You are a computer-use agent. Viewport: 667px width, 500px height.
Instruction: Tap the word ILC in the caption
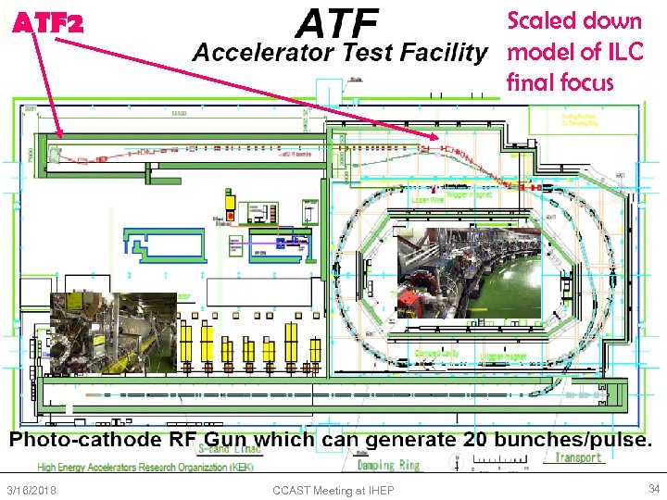pos(620,52)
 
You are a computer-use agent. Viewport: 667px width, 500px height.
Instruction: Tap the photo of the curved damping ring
pos(468,272)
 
